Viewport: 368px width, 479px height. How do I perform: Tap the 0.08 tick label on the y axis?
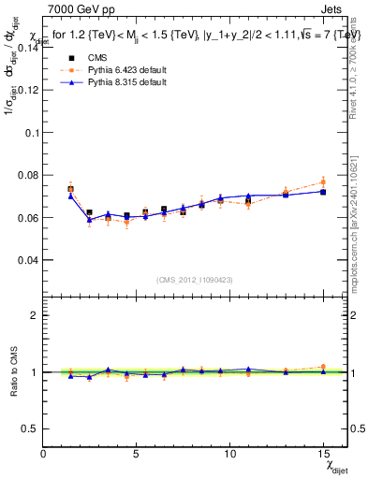tap(28, 175)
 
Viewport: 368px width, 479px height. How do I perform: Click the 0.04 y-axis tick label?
tap(28, 259)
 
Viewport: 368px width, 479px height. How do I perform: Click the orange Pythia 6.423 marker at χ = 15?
tap(323, 181)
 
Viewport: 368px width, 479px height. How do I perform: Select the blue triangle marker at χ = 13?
tap(286, 195)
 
